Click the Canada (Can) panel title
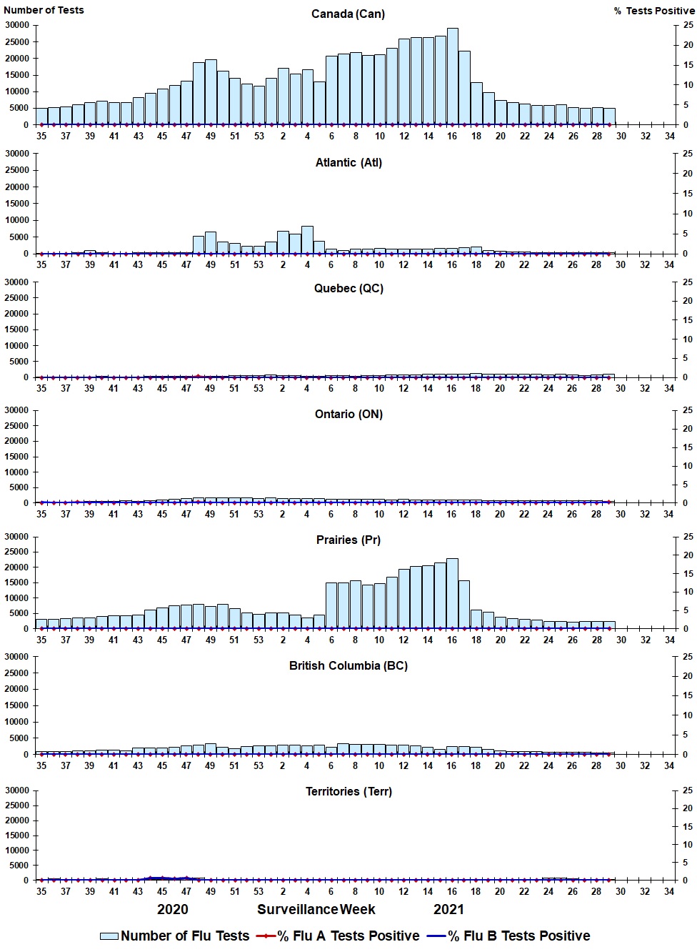coord(348,14)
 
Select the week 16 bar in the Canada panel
coord(452,76)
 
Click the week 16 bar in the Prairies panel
coord(452,593)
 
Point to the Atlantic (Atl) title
coord(348,162)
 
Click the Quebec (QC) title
coord(348,288)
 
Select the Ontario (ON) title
coord(348,414)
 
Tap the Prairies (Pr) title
coord(348,540)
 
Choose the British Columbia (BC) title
coord(348,665)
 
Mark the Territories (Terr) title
coord(348,791)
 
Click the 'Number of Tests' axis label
coord(44,10)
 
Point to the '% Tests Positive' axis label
coord(653,11)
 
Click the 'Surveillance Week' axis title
coord(316,909)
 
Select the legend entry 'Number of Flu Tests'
coord(175,936)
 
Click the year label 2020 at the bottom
coord(173,909)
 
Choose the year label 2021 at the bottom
coord(448,909)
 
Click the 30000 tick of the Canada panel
coord(16,25)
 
